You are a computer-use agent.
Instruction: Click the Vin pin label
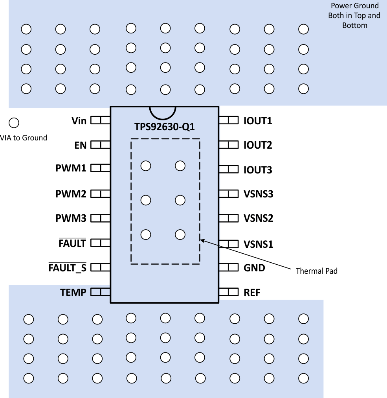pyautogui.click(x=79, y=120)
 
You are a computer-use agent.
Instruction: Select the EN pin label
pyautogui.click(x=80, y=145)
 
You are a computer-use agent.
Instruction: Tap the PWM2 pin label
pyautogui.click(x=71, y=194)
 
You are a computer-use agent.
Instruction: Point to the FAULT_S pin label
pyautogui.click(x=67, y=268)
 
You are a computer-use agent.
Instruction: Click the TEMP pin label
pyautogui.click(x=73, y=292)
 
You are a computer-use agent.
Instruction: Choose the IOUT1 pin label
pyautogui.click(x=258, y=121)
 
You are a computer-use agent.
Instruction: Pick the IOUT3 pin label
pyautogui.click(x=258, y=170)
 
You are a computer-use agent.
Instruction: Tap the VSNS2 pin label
pyautogui.click(x=258, y=218)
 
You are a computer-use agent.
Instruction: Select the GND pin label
pyautogui.click(x=254, y=268)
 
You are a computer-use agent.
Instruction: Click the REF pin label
pyautogui.click(x=252, y=293)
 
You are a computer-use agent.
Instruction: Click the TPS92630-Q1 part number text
pyautogui.click(x=164, y=127)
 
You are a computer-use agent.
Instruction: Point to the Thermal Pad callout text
pyautogui.click(x=316, y=271)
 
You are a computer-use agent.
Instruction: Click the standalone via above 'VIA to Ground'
pyautogui.click(x=14, y=123)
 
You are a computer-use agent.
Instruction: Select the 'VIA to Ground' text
pyautogui.click(x=24, y=138)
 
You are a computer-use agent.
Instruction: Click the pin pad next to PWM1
pyautogui.click(x=100, y=168)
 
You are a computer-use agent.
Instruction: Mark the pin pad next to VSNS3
pyautogui.click(x=229, y=193)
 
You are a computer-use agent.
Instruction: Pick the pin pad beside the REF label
pyautogui.click(x=229, y=292)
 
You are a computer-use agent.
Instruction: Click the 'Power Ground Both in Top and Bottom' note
pyautogui.click(x=354, y=16)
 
